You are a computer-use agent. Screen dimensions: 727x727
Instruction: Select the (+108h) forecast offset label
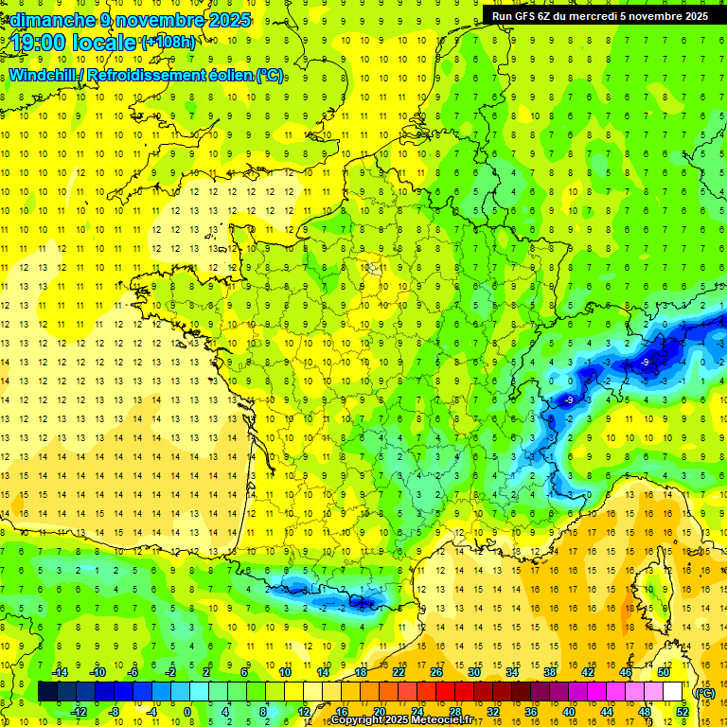[168, 42]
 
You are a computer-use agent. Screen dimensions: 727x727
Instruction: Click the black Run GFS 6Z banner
[600, 16]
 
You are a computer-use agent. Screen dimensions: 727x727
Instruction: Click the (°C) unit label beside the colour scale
[705, 693]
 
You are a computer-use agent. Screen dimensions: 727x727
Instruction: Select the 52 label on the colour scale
[683, 712]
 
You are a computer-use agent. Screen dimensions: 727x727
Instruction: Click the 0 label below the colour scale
[187, 712]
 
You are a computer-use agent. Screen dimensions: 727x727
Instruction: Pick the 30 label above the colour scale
[473, 672]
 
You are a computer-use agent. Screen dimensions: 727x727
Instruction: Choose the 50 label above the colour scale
[664, 672]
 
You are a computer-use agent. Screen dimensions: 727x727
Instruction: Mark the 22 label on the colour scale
[399, 672]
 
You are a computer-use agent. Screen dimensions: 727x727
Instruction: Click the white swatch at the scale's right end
[673, 692]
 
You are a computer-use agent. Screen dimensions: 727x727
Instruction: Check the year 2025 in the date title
[228, 20]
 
